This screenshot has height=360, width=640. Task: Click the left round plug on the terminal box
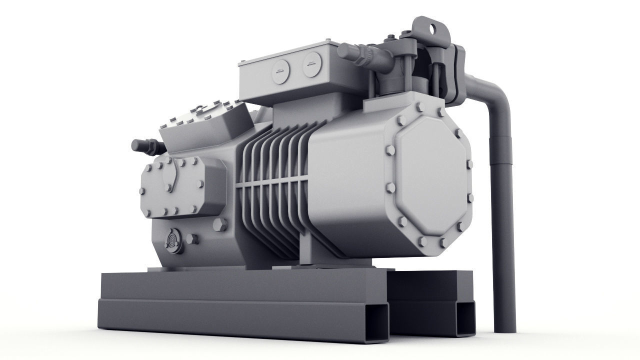(280, 70)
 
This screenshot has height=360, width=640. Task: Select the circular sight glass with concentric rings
(173, 241)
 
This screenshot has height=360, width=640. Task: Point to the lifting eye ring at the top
(431, 28)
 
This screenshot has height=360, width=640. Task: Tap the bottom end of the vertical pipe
(504, 327)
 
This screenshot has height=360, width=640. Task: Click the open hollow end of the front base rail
(378, 323)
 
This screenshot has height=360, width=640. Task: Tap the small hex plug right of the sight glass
(192, 239)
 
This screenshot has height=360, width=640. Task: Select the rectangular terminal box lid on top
(290, 50)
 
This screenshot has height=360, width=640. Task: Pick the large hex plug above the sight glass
(220, 224)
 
